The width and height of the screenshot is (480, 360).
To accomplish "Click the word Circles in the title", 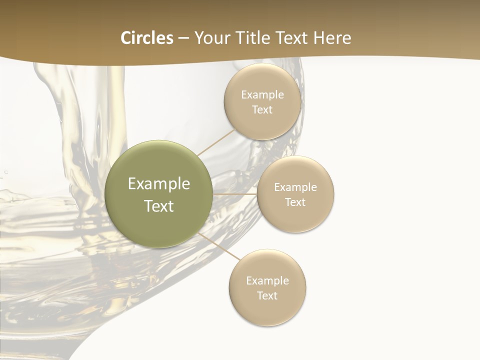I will [x=146, y=38].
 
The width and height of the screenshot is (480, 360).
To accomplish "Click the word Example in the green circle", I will [x=159, y=184].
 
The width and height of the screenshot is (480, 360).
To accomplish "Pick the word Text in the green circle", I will [x=159, y=206].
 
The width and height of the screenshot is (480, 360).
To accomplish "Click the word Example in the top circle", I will [x=262, y=95].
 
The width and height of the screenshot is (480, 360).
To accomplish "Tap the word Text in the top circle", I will [x=262, y=110].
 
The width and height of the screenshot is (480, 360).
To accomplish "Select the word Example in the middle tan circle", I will [x=295, y=187].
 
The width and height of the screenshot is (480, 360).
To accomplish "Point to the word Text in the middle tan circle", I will [x=295, y=202].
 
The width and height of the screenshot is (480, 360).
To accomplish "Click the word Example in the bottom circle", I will [x=267, y=281].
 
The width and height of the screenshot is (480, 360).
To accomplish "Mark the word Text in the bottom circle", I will [x=267, y=296].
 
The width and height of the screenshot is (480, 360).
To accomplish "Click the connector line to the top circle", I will [x=216, y=142].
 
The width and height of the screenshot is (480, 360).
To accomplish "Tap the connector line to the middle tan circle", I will [x=234, y=194].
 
